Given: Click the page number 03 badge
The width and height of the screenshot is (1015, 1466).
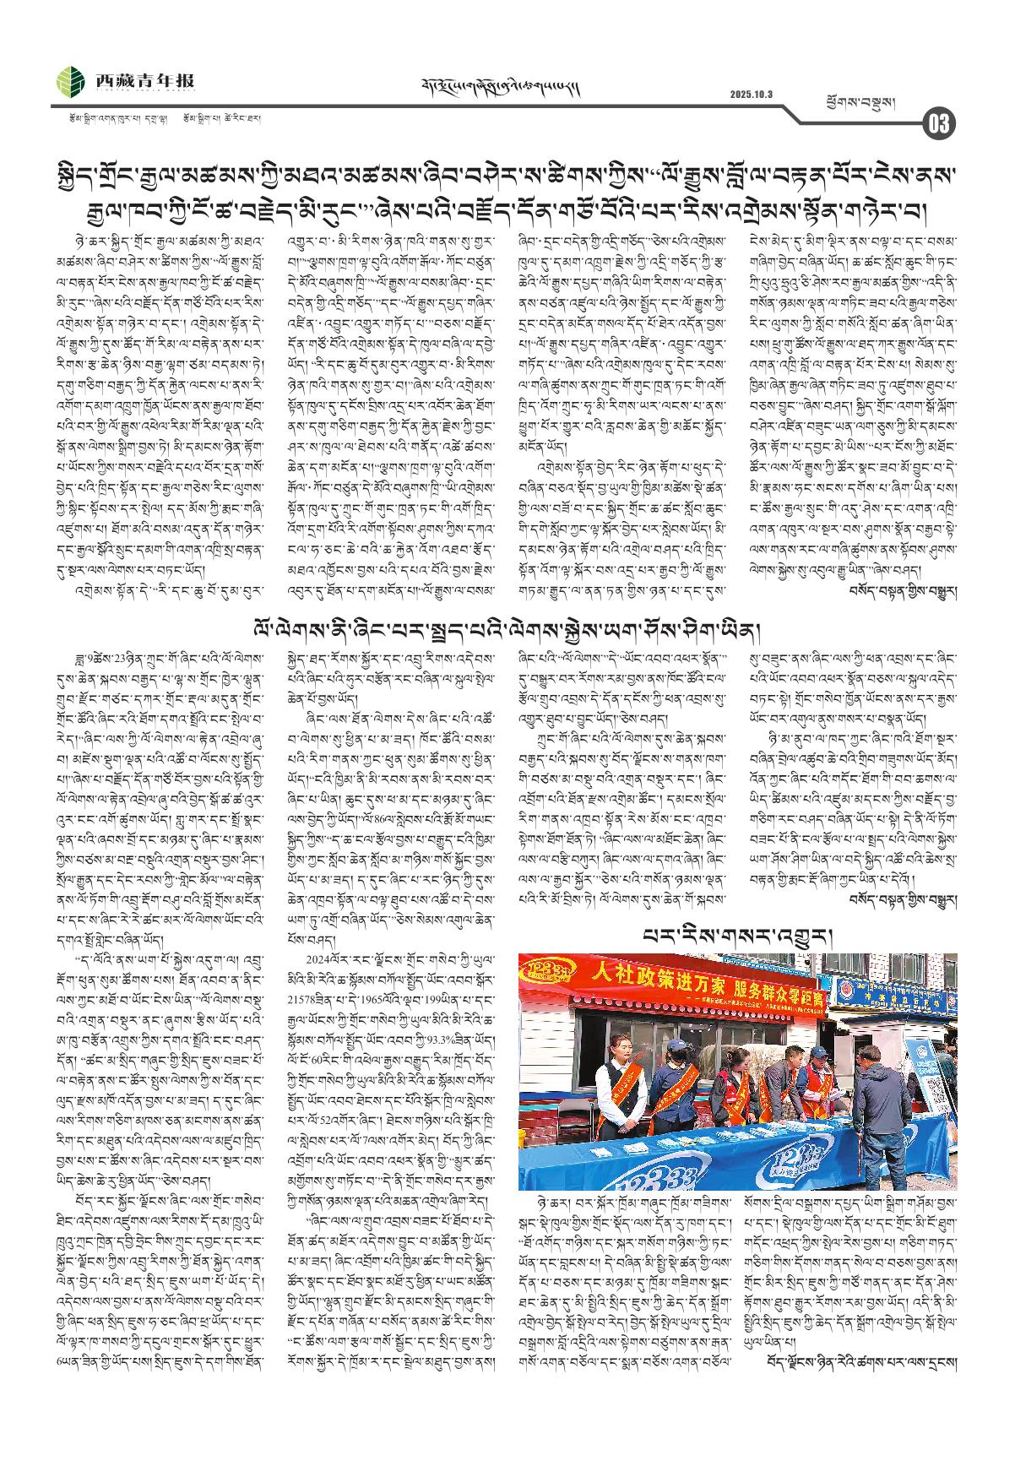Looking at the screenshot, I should pyautogui.click(x=939, y=124).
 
